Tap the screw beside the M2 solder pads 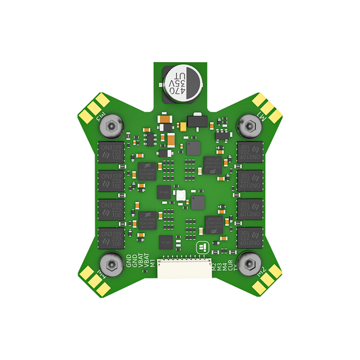pos(249,261)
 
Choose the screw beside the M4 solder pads pos(109,261)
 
